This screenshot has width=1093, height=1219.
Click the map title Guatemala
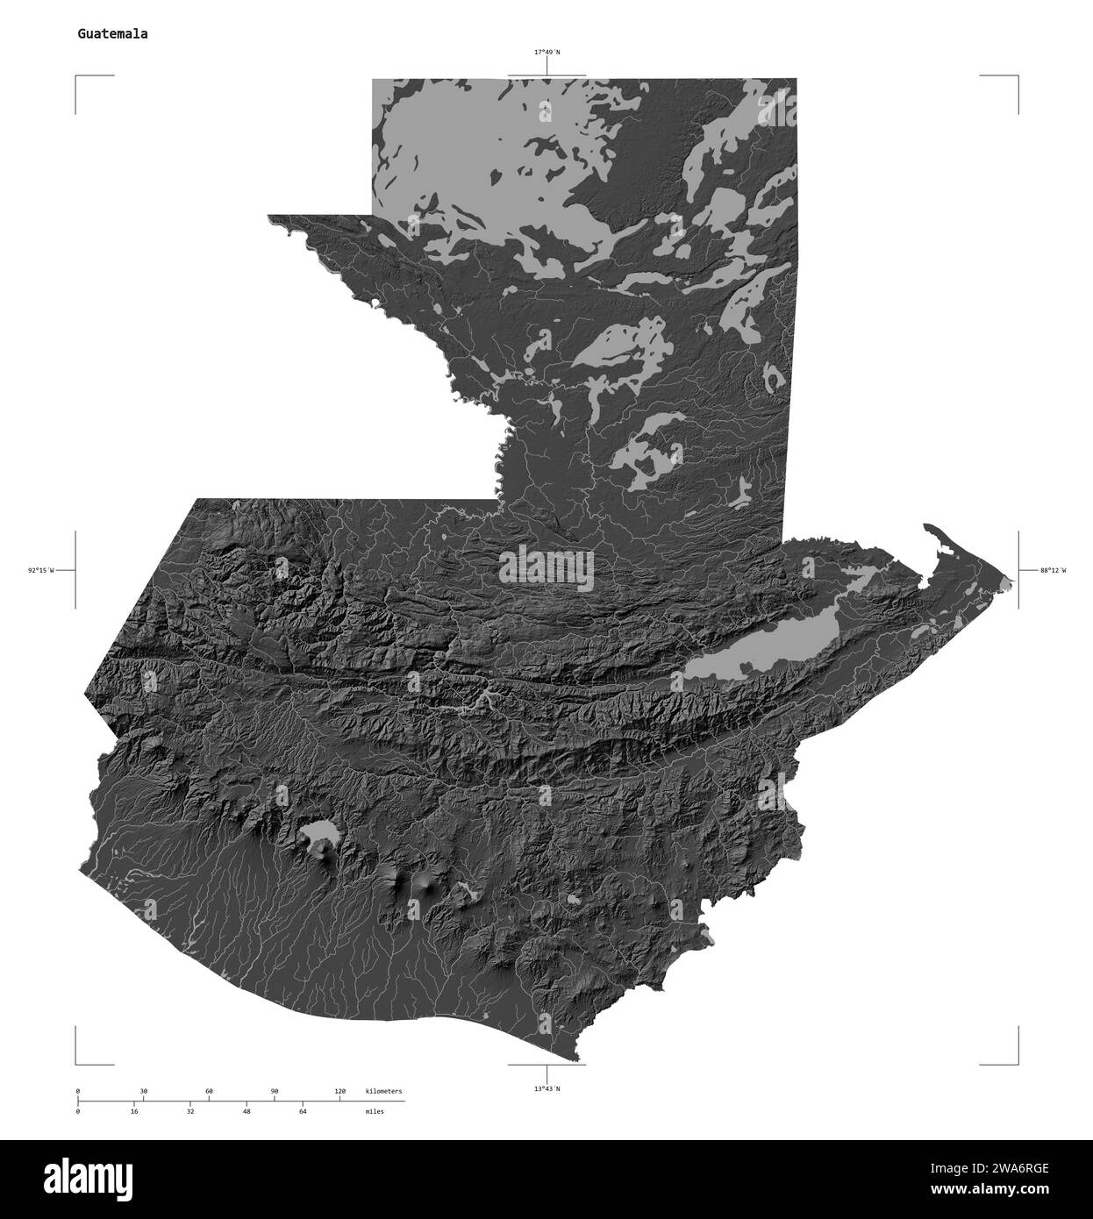tap(112, 34)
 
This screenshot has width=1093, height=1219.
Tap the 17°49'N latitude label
tap(547, 53)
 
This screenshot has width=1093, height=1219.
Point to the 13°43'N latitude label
tap(546, 1088)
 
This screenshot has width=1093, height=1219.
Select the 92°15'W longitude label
tap(40, 571)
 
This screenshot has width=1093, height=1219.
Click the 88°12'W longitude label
tap(1053, 571)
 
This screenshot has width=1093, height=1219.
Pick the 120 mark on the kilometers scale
tap(339, 1091)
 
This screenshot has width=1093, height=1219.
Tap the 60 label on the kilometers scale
tap(209, 1091)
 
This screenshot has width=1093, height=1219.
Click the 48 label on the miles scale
tap(246, 1111)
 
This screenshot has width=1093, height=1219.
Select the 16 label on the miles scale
tap(134, 1111)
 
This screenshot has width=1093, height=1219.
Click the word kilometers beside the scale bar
tap(383, 1091)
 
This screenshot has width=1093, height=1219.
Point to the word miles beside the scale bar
tap(375, 1111)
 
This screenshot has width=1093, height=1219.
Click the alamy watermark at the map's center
tap(546, 567)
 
